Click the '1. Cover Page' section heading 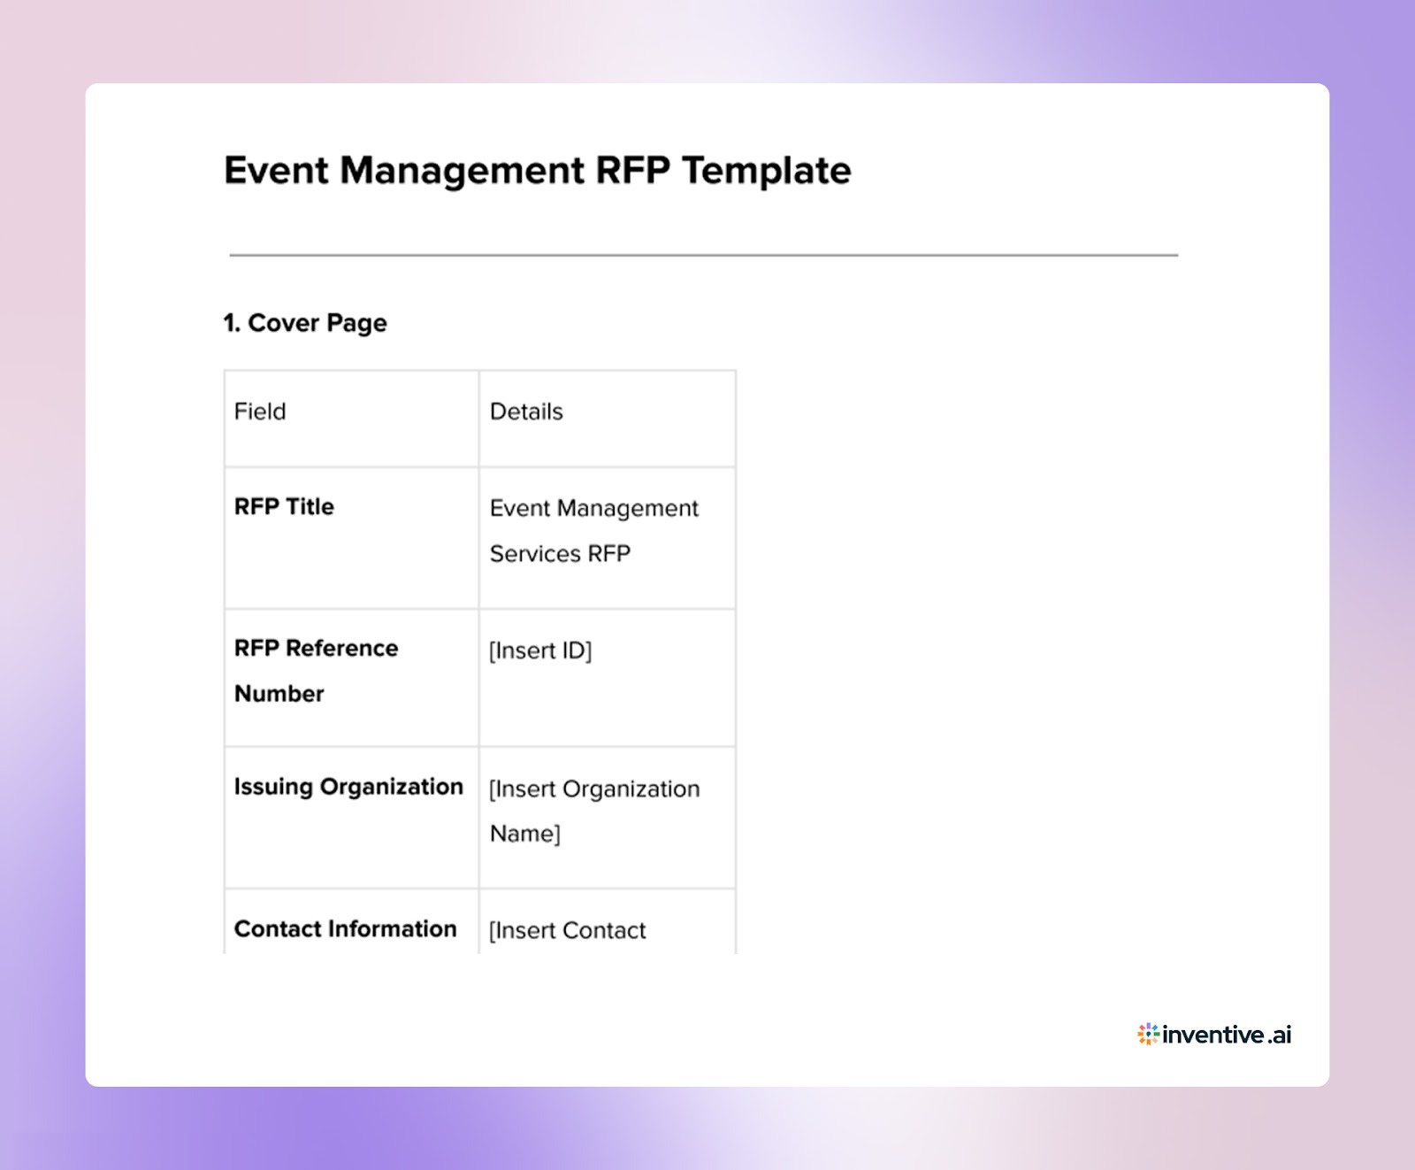tap(305, 323)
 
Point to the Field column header tap(260, 412)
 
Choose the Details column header tap(526, 412)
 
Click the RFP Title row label tap(284, 506)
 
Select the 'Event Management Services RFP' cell tap(593, 530)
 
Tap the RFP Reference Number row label tap(316, 670)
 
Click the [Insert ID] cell tap(540, 650)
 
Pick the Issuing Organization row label tap(348, 787)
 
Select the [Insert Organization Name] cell tap(593, 811)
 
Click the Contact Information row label tap(345, 928)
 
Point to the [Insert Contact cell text tap(568, 930)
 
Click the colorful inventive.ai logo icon tap(1148, 1034)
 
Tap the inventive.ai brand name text tap(1227, 1034)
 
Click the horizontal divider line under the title tap(703, 255)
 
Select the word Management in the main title tap(462, 170)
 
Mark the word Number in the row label tap(279, 694)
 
